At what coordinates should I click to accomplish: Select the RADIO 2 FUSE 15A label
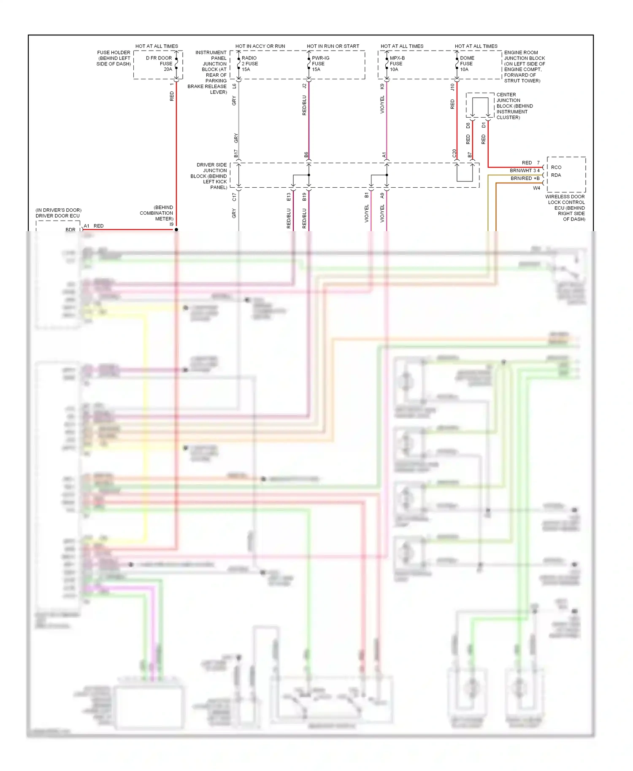249,64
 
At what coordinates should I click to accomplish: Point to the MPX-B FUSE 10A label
397,64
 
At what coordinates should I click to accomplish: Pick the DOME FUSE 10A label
467,64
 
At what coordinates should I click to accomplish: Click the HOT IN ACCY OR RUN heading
260,46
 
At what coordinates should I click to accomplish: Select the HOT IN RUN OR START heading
333,46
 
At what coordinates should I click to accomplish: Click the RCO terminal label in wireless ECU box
556,167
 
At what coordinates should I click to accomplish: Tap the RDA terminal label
556,175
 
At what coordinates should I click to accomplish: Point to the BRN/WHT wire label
521,170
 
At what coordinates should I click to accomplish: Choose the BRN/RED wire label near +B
521,178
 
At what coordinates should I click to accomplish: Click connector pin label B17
236,154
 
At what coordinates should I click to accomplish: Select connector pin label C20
454,154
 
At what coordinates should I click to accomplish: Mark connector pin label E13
289,197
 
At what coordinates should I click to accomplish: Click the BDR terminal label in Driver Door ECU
70,230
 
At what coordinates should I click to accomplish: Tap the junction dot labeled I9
176,229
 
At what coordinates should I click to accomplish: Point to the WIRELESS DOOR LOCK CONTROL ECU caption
565,208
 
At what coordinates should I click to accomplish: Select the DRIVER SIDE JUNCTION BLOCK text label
209,176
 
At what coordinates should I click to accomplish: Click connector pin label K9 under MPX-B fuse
382,86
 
